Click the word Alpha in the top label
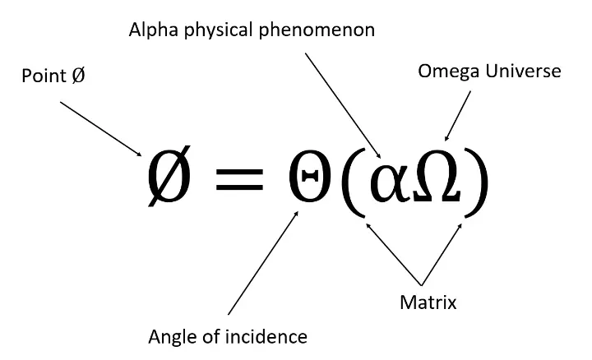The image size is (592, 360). [153, 30]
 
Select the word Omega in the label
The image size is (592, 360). [443, 72]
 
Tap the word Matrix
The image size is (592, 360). [428, 302]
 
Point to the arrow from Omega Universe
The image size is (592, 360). [459, 115]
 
